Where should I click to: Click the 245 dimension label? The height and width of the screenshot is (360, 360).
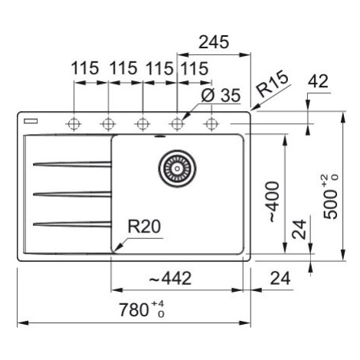pos(214,42)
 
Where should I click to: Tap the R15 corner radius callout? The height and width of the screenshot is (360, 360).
pos(272,85)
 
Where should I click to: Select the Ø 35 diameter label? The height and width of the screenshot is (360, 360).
pos(221,96)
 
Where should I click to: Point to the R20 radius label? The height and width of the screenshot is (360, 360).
pos(144,226)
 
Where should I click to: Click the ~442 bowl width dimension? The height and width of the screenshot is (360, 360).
pos(170,278)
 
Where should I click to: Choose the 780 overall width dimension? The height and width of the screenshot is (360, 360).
pos(142,309)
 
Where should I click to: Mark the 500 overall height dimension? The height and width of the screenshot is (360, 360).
pos(331,197)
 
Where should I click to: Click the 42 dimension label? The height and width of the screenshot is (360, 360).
pos(318,82)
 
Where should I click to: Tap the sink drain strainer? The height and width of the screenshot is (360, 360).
pos(177,169)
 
